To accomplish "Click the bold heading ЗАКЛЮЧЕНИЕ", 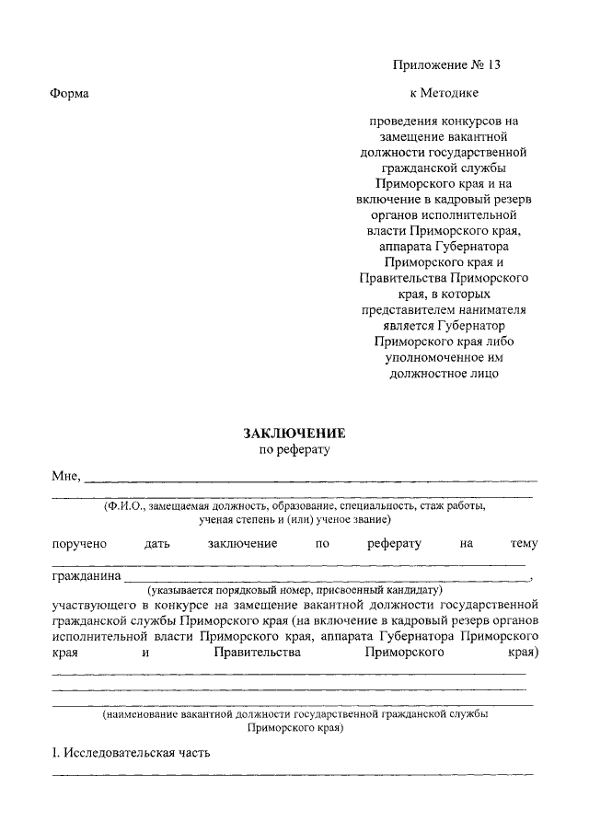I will pyautogui.click(x=294, y=434).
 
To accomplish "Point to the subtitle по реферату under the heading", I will pyautogui.click(x=294, y=451).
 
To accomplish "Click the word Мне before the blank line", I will pyautogui.click(x=66, y=476).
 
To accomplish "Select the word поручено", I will pyautogui.click(x=79, y=544).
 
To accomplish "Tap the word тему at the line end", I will pyautogui.click(x=525, y=544).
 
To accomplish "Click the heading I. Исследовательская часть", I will pyautogui.click(x=131, y=752).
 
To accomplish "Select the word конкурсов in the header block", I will pyautogui.click(x=462, y=120).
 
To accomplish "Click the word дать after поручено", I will pyautogui.click(x=157, y=544).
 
